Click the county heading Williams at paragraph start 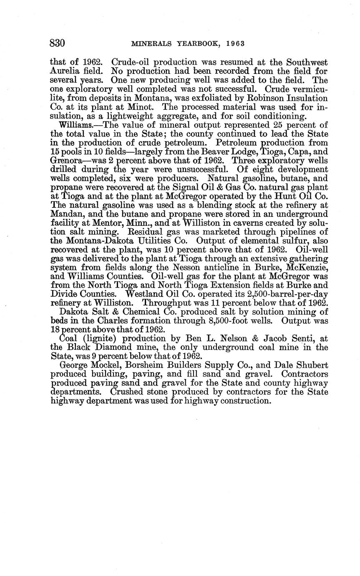click(x=73, y=125)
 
